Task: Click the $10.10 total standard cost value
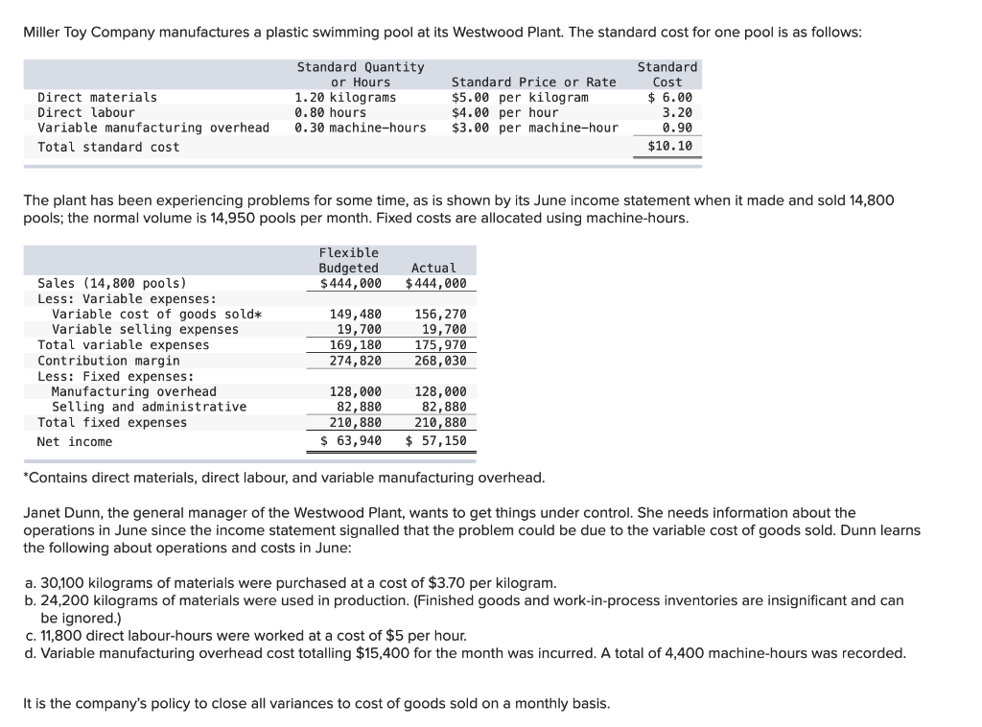669,147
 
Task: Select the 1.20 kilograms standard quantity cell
344,98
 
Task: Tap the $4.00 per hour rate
504,112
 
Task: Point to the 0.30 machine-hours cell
360,128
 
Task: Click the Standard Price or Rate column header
533,82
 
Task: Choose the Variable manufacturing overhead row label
153,128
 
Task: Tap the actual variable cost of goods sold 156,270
440,314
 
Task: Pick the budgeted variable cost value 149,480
355,314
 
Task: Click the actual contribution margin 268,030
440,361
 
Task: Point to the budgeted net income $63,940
350,441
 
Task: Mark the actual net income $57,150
436,441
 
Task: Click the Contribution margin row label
108,361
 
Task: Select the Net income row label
75,441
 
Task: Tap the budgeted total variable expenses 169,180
355,344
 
